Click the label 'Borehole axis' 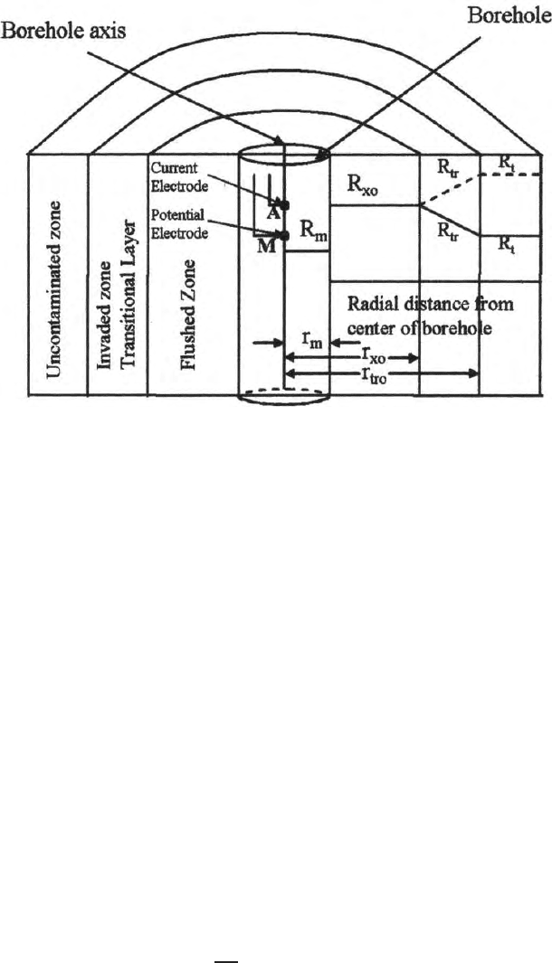pos(63,31)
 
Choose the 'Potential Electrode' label pos(179,225)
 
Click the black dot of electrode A pos(283,204)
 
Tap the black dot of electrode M pos(283,235)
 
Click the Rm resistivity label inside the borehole pos(313,231)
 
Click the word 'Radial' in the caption pos(369,305)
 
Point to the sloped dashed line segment pos(450,189)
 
